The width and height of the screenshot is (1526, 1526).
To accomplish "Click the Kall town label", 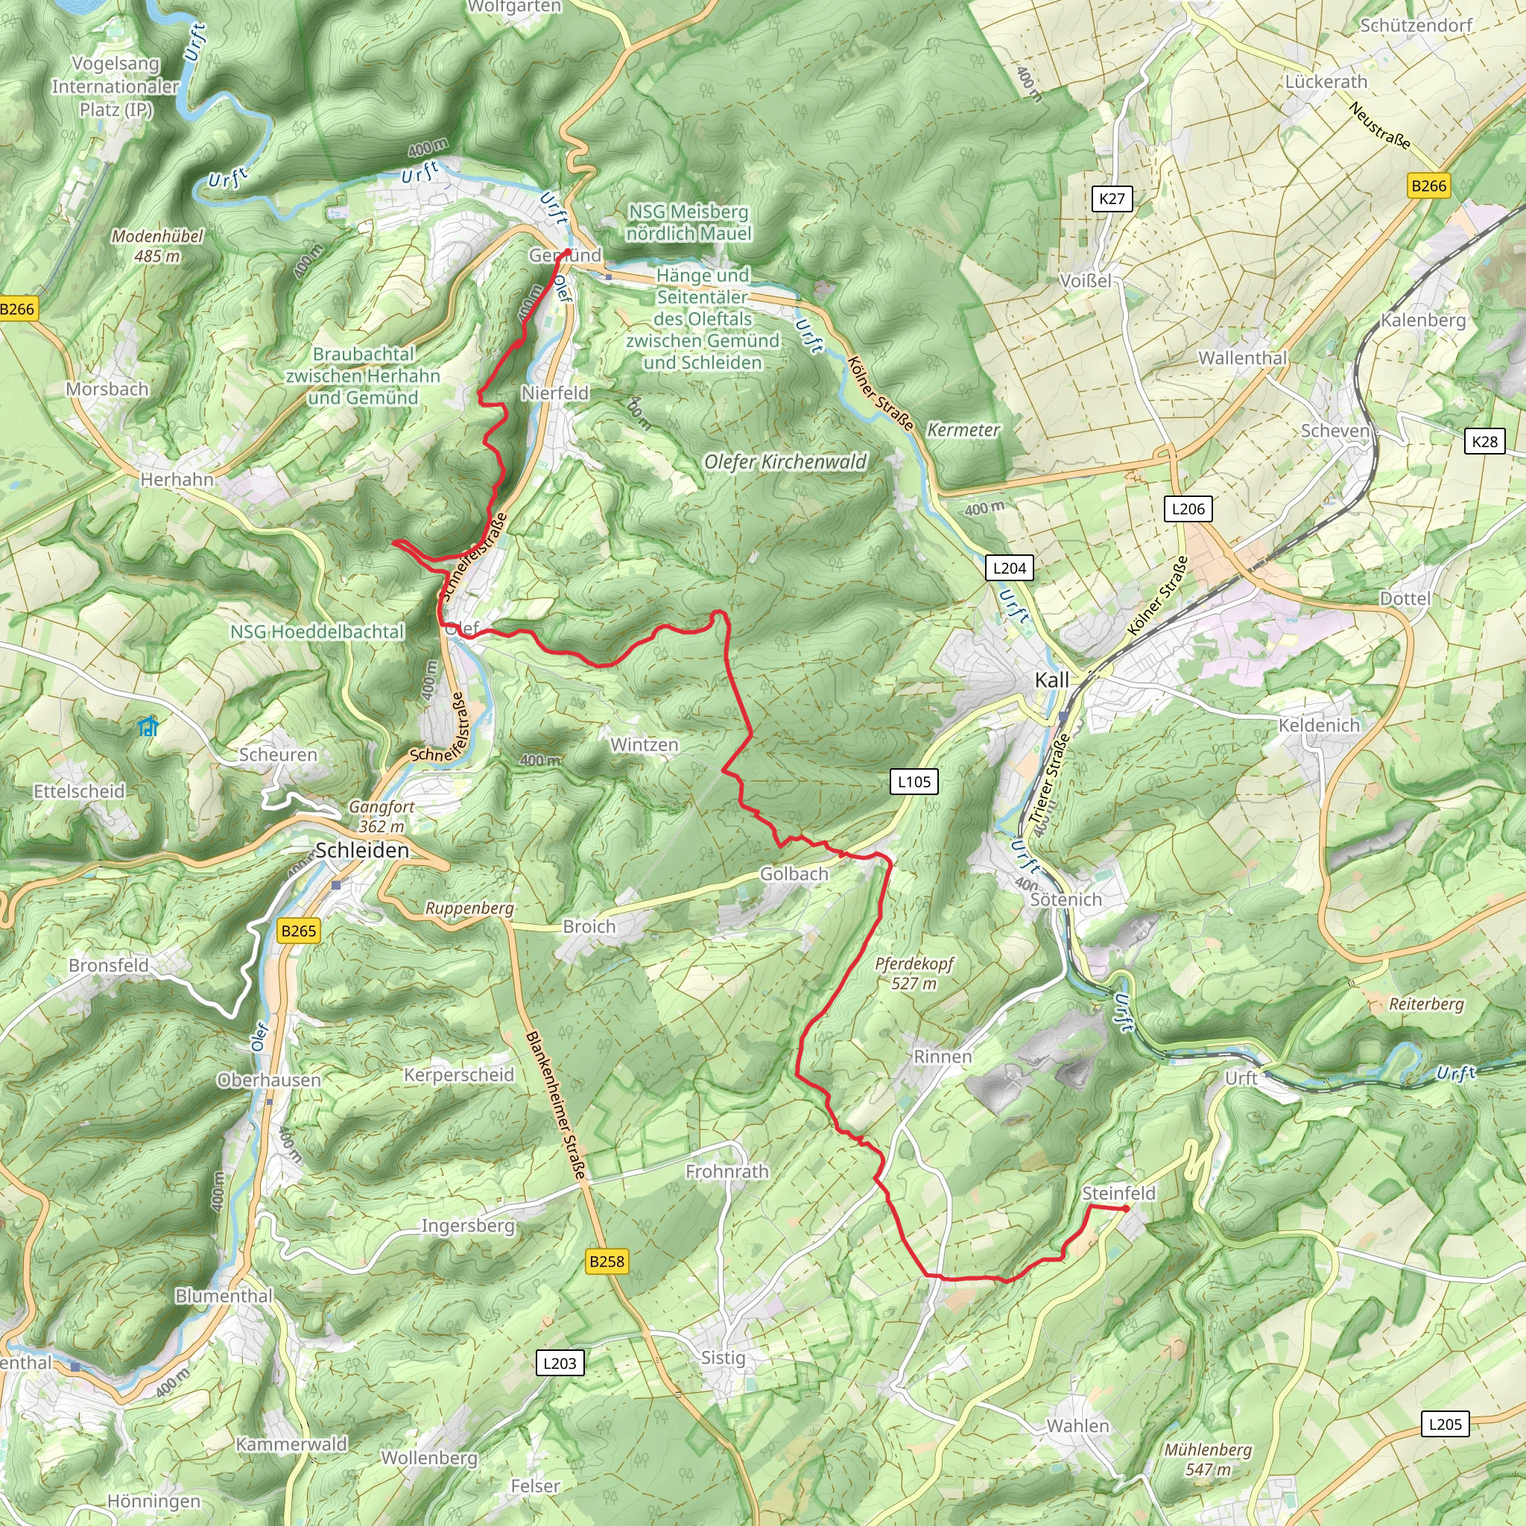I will click(1051, 680).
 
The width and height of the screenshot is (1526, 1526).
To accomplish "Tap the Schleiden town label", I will click(363, 850).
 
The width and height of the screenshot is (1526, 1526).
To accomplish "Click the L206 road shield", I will click(1188, 509).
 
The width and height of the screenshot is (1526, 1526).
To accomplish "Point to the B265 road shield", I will click(299, 931).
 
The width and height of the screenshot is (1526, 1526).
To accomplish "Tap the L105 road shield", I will click(914, 781).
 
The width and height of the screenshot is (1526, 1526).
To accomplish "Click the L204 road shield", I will click(1010, 568).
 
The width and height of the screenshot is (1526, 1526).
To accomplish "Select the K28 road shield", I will click(1484, 442).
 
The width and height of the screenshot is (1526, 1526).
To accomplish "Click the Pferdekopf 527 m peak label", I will click(914, 973).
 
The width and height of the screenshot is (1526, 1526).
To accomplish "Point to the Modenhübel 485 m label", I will click(157, 246).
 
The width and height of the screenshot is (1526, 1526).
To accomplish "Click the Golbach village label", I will click(794, 873).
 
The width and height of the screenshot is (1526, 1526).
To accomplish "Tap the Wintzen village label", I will click(644, 745).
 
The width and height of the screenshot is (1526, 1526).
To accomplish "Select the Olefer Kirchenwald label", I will click(785, 462).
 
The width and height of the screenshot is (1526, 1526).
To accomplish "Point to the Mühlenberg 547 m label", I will click(1208, 1459).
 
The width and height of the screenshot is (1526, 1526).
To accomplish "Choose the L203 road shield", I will click(560, 1363).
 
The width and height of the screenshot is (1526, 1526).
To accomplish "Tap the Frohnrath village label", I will click(726, 1171).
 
